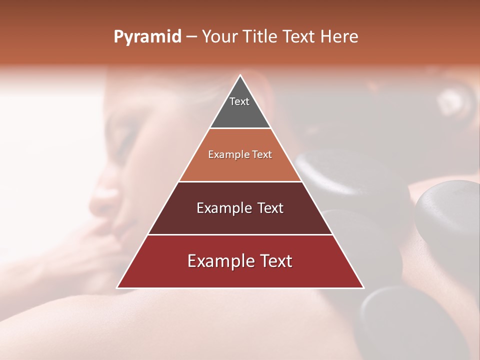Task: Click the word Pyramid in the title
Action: point(147,37)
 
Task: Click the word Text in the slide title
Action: point(300,36)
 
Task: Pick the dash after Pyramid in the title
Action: point(191,37)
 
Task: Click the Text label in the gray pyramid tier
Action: point(239,101)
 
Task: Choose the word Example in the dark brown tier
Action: point(223,208)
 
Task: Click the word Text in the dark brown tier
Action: point(270,208)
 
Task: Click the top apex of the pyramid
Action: point(240,75)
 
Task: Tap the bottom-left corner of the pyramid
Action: point(117,287)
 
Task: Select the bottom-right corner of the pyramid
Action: point(363,287)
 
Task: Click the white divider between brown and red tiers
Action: point(240,234)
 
